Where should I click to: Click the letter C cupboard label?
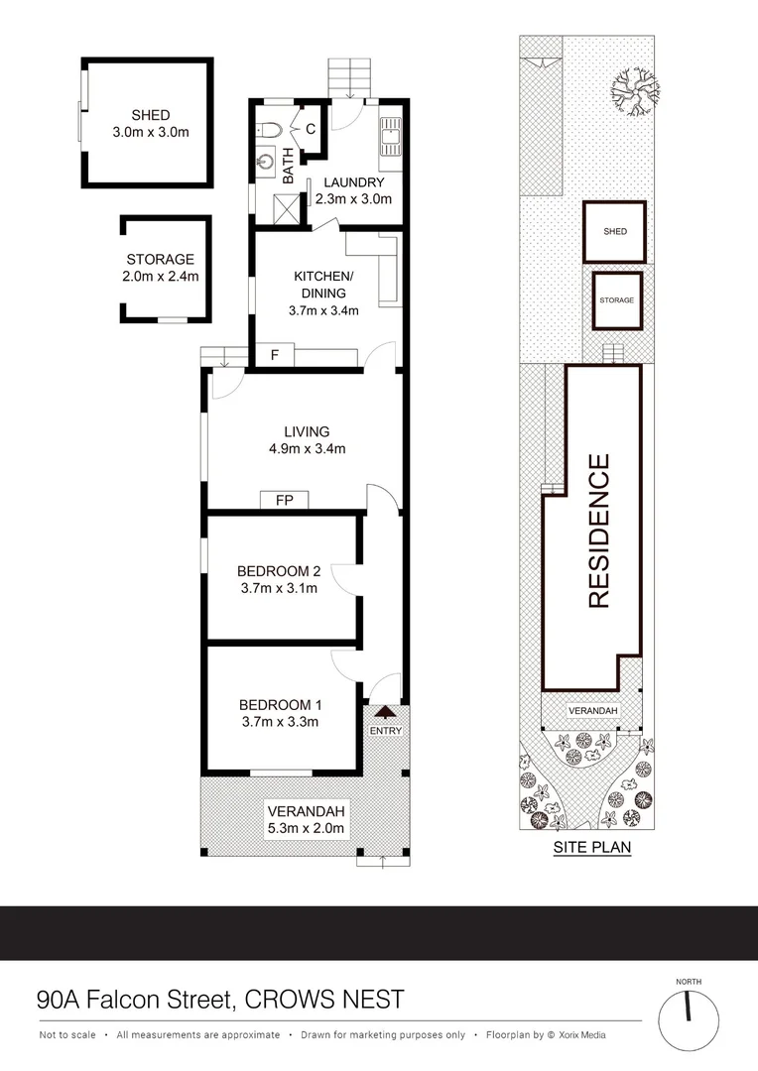coord(311,128)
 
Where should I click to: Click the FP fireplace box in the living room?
coord(285,500)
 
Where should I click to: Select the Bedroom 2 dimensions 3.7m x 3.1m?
coord(279,588)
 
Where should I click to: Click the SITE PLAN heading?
coord(591,848)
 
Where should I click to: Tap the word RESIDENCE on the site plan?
coord(598,531)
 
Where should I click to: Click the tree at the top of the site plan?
coord(632,94)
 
